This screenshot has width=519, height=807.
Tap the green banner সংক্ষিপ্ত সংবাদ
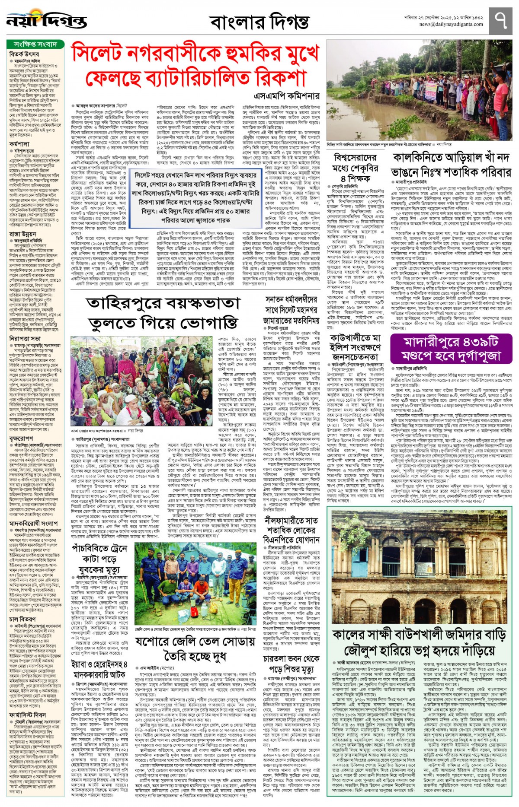click(35, 44)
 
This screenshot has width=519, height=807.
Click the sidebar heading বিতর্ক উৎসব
click(24, 54)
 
